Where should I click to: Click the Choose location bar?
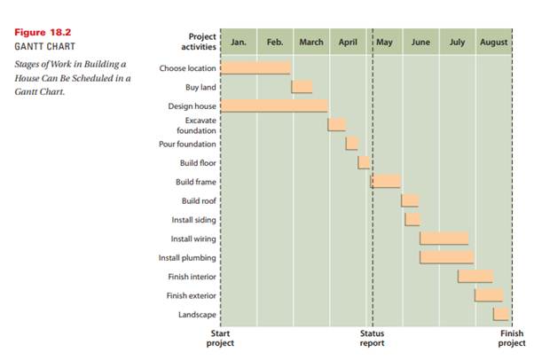(255, 67)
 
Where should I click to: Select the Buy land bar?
(302, 87)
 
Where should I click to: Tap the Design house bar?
(273, 106)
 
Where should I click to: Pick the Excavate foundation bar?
(336, 124)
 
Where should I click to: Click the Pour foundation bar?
(352, 143)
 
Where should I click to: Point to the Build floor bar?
(364, 162)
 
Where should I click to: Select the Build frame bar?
(385, 181)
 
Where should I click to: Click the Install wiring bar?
(444, 238)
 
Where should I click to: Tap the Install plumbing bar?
(446, 257)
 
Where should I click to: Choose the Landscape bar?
(501, 314)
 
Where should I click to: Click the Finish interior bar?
(475, 276)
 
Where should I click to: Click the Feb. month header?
(275, 42)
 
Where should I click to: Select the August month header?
(494, 42)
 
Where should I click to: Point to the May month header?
(385, 42)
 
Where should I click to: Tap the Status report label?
(372, 338)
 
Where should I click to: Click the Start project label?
(220, 338)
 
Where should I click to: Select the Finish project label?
(512, 338)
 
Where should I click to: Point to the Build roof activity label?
(198, 200)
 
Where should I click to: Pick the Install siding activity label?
(192, 219)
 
